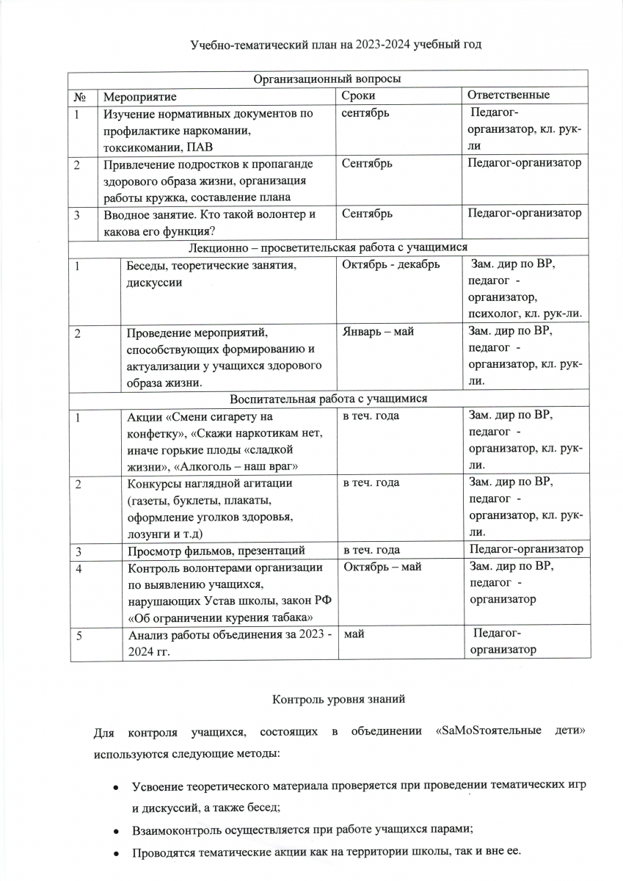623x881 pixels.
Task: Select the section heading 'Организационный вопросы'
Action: (327, 79)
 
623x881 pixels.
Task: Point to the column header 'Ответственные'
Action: (509, 95)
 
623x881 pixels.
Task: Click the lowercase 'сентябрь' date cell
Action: (365, 113)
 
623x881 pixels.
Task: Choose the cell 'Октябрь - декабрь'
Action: (391, 265)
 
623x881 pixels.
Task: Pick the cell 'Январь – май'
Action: (378, 332)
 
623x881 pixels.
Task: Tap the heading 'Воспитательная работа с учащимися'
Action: (328, 399)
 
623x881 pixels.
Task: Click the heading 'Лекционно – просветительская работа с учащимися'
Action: (328, 247)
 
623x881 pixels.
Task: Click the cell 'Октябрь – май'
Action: (382, 567)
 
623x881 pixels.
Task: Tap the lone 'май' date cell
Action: (354, 634)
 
